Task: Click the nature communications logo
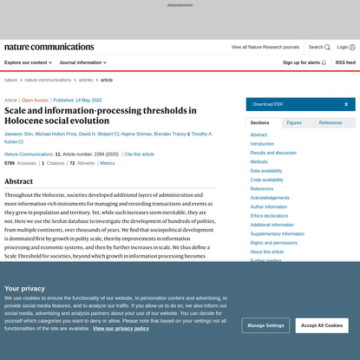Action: pyautogui.click(x=49, y=47)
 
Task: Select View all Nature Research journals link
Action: pyautogui.click(x=265, y=47)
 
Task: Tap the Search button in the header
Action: pyautogui.click(x=318, y=47)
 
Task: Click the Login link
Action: pyautogui.click(x=345, y=47)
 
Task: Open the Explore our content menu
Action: pyautogui.click(x=29, y=62)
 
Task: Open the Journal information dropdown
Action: pyautogui.click(x=82, y=62)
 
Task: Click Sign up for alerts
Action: pyautogui.click(x=304, y=62)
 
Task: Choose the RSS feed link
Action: pyautogui.click(x=345, y=62)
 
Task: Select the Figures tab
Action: pyautogui.click(x=294, y=123)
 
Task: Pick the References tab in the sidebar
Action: pyautogui.click(x=331, y=123)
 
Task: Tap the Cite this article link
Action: pyautogui.click(x=139, y=154)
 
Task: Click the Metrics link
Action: pyautogui.click(x=107, y=163)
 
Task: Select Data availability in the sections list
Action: pyautogui.click(x=265, y=171)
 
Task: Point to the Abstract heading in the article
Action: pyautogui.click(x=19, y=181)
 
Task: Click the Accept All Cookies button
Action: pyautogui.click(x=322, y=325)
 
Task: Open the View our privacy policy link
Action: pyautogui.click(x=121, y=329)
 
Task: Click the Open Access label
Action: pyautogui.click(x=36, y=100)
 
